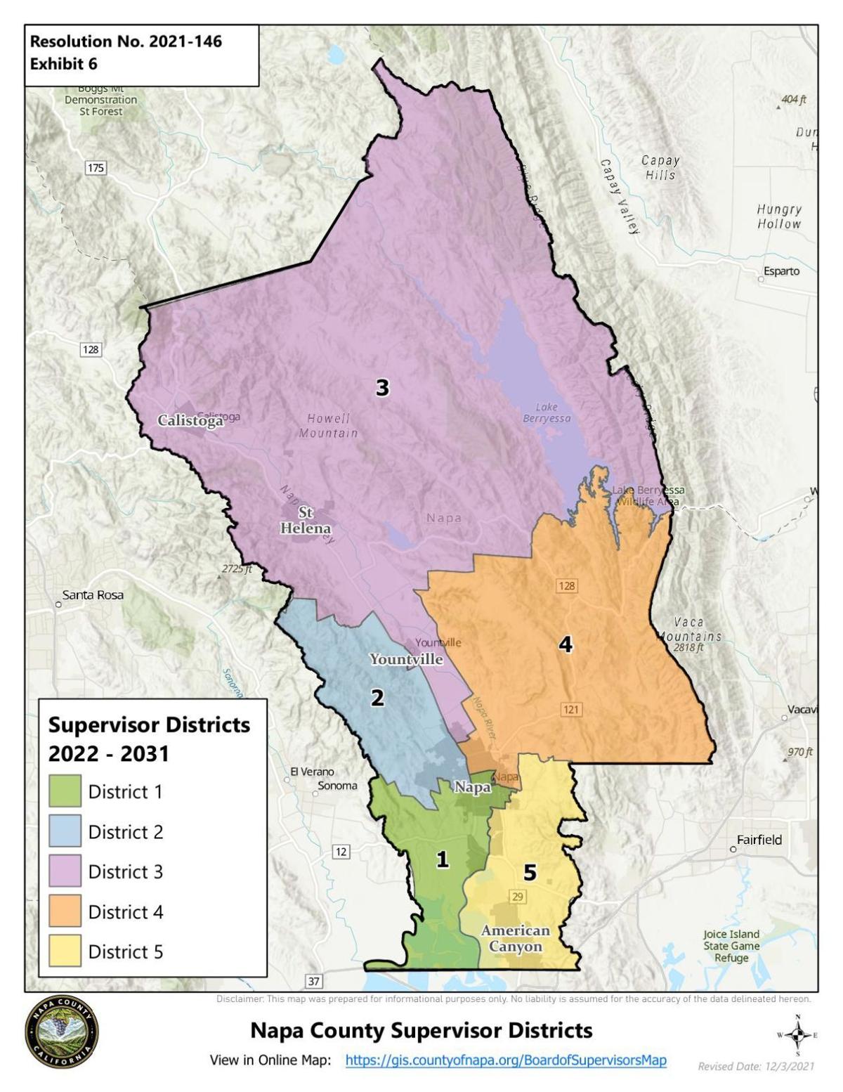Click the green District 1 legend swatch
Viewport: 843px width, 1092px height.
tap(65, 791)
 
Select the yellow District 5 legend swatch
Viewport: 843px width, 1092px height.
tap(65, 951)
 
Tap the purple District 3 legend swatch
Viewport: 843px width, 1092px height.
tap(65, 871)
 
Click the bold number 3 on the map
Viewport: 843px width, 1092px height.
tap(382, 388)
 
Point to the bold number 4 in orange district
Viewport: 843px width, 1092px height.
tap(566, 644)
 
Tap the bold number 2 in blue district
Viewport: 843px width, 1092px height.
tap(377, 698)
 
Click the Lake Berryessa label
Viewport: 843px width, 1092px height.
tap(547, 413)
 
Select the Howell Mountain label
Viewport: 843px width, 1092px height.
tap(328, 426)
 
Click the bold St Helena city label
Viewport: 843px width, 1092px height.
tap(306, 521)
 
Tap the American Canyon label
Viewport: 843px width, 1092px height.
tap(515, 938)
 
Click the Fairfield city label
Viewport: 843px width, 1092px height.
tap(759, 840)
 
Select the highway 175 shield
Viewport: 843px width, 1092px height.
tap(95, 167)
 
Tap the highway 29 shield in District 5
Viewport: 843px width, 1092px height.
tap(518, 896)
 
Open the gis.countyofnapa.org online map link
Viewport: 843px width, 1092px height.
tap(505, 1060)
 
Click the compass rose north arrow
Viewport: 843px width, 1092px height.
tap(797, 1034)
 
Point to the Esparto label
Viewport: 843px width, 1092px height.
tap(782, 271)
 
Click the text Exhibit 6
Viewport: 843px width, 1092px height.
tap(64, 64)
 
